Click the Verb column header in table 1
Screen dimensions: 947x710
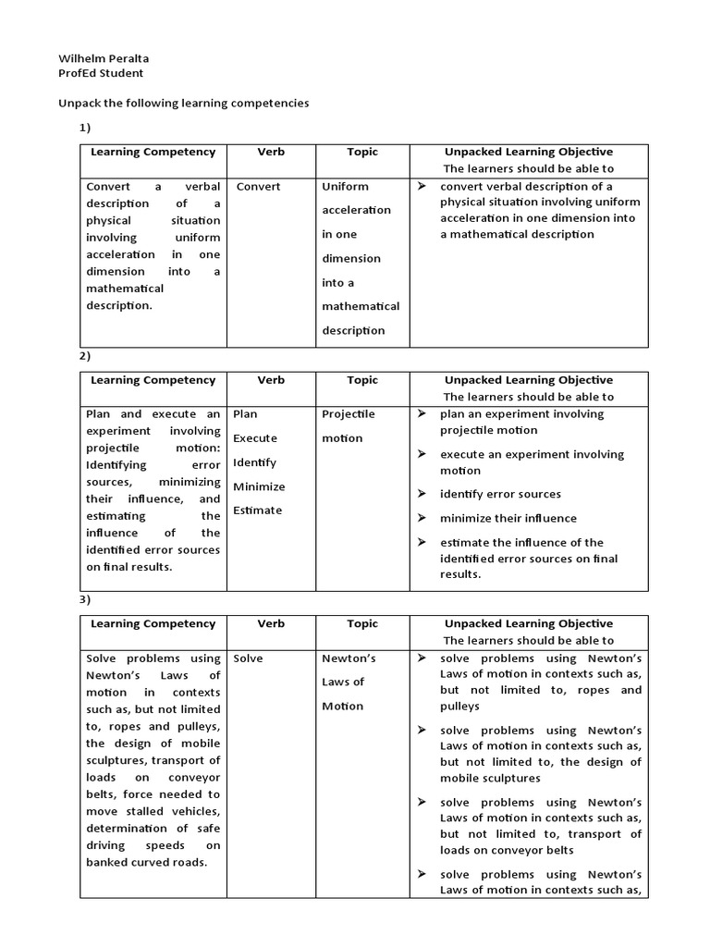[271, 152]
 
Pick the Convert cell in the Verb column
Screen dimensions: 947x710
[258, 186]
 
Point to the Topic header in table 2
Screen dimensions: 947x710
[362, 380]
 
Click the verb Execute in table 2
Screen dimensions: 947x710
[255, 438]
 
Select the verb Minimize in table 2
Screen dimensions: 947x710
[259, 486]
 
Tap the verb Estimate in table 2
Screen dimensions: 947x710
[258, 510]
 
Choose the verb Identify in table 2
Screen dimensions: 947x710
[255, 462]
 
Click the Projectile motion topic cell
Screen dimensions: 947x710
[348, 426]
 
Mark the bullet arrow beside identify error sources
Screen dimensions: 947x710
[422, 494]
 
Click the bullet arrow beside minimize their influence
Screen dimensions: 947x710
[422, 518]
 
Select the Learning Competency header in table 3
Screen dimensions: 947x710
[153, 623]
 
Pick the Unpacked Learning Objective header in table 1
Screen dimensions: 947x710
[529, 152]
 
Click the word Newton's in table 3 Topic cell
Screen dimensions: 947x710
[348, 658]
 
